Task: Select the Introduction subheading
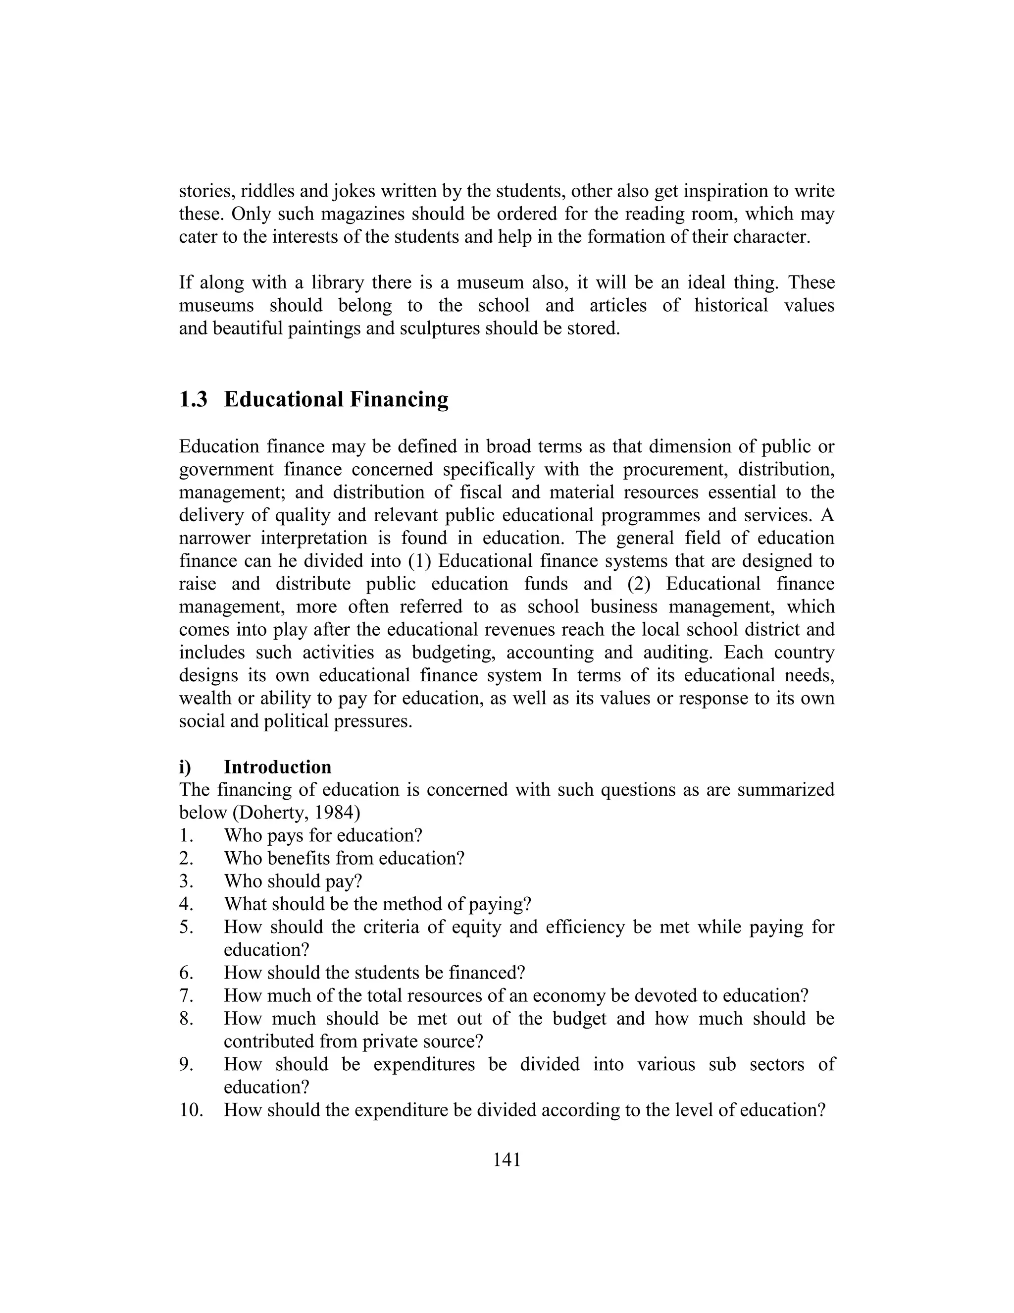278,767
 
